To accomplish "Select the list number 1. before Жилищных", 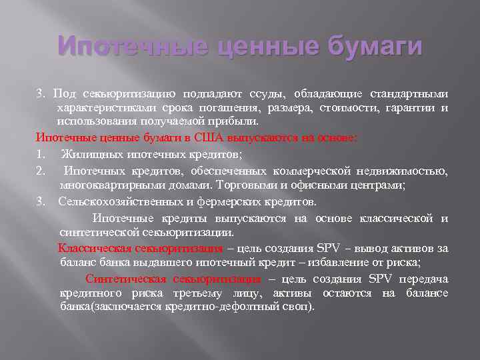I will (40, 154).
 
